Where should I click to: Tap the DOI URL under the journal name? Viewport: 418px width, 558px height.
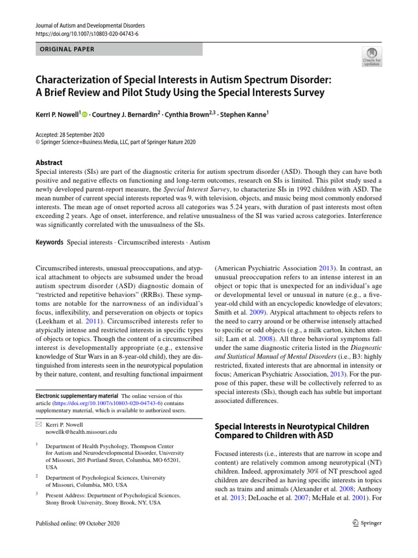click(x=87, y=33)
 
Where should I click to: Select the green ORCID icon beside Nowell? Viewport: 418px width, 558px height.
click(x=84, y=114)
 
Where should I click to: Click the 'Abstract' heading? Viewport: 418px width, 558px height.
click(x=48, y=162)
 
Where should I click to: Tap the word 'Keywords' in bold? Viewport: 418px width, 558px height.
click(x=48, y=242)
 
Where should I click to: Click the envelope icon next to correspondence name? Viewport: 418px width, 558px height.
click(x=38, y=423)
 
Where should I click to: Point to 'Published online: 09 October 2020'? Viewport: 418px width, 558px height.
click(x=77, y=523)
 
